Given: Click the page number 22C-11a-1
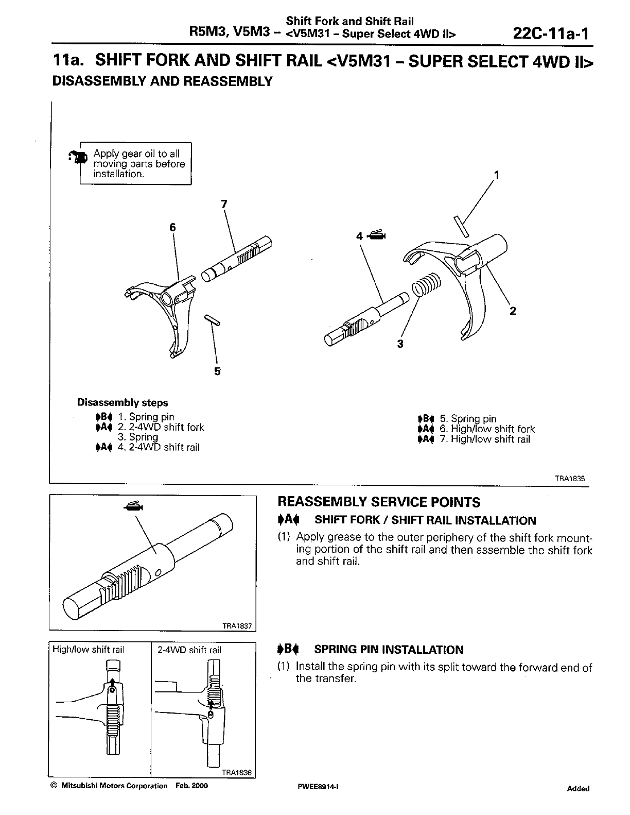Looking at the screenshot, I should pos(550,34).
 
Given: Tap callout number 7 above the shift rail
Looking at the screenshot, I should pos(223,204).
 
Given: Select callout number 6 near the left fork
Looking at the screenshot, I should pos(172,227).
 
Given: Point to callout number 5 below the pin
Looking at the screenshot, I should pos(217,371).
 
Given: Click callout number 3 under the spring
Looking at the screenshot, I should pos(400,344).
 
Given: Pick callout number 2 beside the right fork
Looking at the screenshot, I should pos(512,311).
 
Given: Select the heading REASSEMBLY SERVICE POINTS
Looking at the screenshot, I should pos(379,502).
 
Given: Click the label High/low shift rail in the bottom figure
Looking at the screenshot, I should pos(89,650).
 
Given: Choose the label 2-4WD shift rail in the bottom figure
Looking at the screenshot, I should pos(189,650).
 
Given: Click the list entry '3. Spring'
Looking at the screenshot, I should pos(138,437).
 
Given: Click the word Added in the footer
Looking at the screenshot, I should pos(578,788).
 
